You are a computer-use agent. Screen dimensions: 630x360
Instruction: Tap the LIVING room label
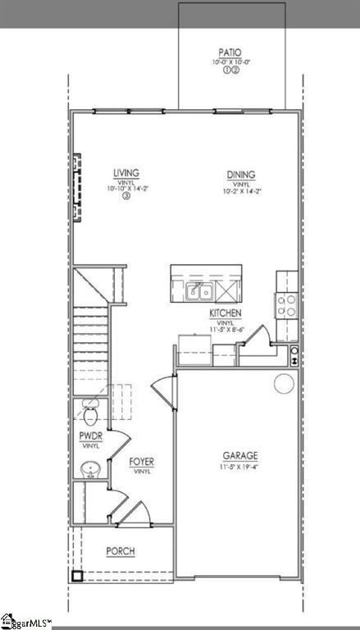click(126, 173)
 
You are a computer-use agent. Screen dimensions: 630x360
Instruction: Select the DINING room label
click(241, 174)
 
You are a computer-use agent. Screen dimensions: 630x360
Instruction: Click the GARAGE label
click(240, 455)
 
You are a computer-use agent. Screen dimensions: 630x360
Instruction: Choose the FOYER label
click(142, 462)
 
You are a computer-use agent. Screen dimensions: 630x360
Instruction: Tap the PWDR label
click(90, 436)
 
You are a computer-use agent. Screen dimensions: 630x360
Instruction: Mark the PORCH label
click(120, 552)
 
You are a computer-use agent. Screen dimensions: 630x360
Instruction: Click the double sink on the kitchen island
click(198, 290)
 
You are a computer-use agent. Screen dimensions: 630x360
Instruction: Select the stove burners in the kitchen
click(287, 305)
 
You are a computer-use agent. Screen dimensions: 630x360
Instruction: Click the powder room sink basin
click(89, 470)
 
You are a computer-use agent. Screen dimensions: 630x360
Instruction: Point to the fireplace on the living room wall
click(77, 187)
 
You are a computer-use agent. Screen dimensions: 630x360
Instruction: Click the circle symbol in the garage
click(283, 382)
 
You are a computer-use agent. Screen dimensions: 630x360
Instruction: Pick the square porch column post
click(76, 576)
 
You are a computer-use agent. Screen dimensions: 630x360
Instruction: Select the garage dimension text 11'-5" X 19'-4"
click(240, 468)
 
